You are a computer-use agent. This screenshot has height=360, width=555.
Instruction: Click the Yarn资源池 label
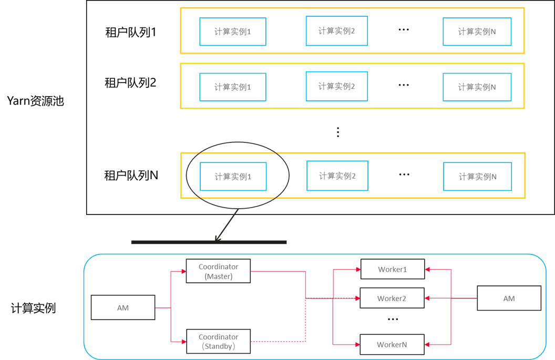35,101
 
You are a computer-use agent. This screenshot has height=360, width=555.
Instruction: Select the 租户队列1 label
131,32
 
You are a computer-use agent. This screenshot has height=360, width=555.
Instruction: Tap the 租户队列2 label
130,83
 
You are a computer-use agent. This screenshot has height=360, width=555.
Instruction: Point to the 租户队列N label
131,175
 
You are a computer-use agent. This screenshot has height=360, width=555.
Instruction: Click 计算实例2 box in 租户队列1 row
336,31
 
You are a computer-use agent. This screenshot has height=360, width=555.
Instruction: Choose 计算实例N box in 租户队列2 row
477,87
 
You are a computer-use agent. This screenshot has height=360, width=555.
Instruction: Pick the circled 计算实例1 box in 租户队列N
233,176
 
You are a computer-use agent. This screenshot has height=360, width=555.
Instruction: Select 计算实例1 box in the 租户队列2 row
232,87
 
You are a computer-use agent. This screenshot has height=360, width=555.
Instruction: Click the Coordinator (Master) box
218,271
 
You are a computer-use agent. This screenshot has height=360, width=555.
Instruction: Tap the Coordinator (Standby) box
219,341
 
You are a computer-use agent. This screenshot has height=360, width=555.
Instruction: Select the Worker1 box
393,269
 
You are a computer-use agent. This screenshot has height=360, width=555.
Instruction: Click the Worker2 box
392,298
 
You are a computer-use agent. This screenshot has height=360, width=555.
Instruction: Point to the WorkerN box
392,344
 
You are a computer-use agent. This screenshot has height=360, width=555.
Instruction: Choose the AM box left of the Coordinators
123,307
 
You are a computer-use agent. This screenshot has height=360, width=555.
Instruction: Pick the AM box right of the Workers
509,299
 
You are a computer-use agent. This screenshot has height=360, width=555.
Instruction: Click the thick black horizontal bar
209,242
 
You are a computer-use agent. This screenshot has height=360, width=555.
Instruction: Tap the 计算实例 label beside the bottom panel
33,308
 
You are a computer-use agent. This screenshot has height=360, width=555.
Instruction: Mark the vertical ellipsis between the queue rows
338,132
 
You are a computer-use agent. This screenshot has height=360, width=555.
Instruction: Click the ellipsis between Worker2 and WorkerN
393,320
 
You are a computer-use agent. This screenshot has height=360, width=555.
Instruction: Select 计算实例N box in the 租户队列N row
478,177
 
